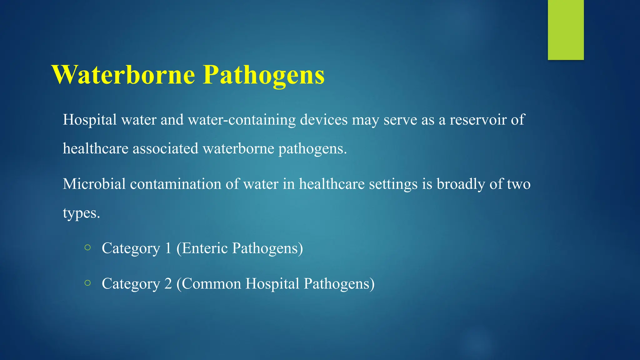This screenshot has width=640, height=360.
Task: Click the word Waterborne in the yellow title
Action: [124, 75]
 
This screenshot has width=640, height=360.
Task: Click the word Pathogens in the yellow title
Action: [264, 75]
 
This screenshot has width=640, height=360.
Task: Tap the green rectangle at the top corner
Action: [566, 30]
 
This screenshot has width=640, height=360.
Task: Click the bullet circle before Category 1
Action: [87, 248]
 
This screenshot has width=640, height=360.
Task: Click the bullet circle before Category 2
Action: [87, 283]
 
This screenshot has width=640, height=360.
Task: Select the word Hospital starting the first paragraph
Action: [90, 120]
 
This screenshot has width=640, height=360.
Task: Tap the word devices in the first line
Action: [324, 120]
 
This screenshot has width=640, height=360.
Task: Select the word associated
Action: [165, 148]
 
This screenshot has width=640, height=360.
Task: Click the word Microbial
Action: [94, 184]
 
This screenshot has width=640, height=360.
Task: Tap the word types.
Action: [81, 213]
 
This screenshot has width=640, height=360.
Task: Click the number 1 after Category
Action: [168, 248]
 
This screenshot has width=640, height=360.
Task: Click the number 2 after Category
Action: [168, 284]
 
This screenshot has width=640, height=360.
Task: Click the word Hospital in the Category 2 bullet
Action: [272, 284]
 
